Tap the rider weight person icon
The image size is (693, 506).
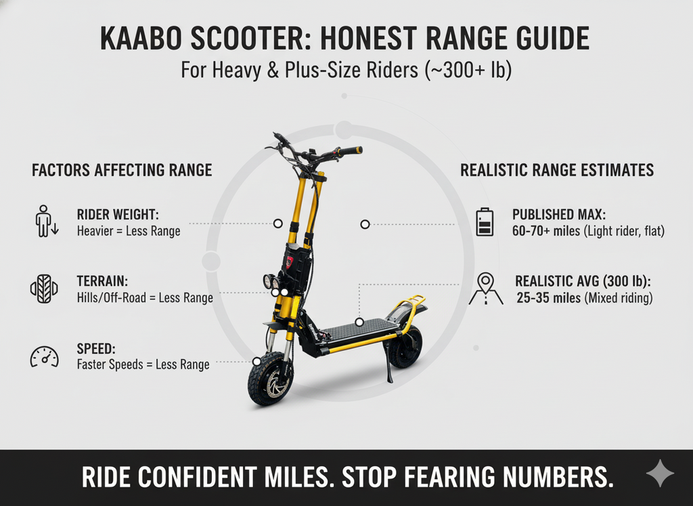[x=45, y=222]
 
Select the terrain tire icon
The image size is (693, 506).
[x=44, y=289]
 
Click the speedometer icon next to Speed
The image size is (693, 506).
[x=44, y=356]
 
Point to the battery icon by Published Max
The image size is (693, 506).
[x=485, y=222]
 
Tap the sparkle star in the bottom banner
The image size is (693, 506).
[x=658, y=475]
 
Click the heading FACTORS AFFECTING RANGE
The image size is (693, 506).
[x=122, y=170]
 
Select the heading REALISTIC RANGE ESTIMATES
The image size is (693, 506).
[x=557, y=170]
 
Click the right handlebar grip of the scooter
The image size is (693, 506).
[x=350, y=150]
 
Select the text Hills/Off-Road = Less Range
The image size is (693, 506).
[x=145, y=298]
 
